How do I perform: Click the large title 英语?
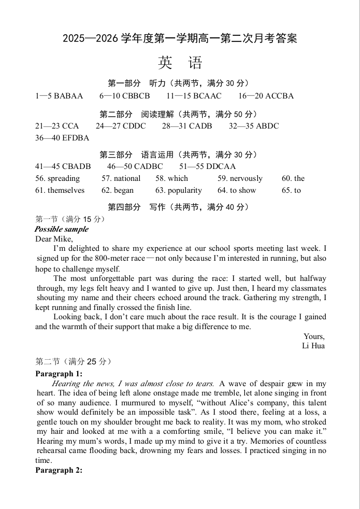click(180, 63)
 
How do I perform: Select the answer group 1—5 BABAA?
click(59, 96)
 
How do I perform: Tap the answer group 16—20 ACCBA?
click(266, 96)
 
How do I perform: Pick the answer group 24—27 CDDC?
click(121, 126)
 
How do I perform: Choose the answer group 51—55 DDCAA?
click(207, 166)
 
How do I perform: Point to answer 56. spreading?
click(57, 178)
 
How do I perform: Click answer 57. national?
click(121, 178)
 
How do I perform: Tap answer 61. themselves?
click(60, 190)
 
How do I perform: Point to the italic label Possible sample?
click(62, 229)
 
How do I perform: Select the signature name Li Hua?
click(313, 346)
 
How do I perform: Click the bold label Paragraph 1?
click(59, 374)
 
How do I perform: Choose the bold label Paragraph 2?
click(59, 470)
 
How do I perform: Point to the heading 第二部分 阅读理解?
click(179, 114)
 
